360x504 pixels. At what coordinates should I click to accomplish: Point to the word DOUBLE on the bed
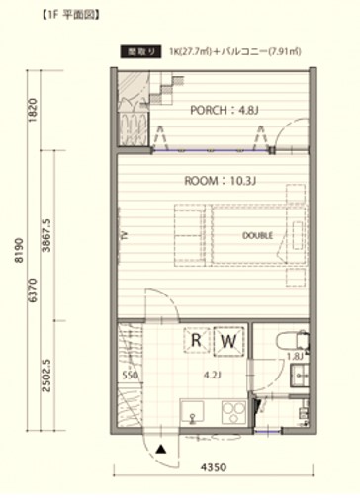point(258,235)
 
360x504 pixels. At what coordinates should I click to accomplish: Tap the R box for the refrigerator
point(197,342)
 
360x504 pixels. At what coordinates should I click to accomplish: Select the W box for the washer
point(227,342)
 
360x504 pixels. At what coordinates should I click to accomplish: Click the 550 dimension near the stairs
point(130,376)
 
